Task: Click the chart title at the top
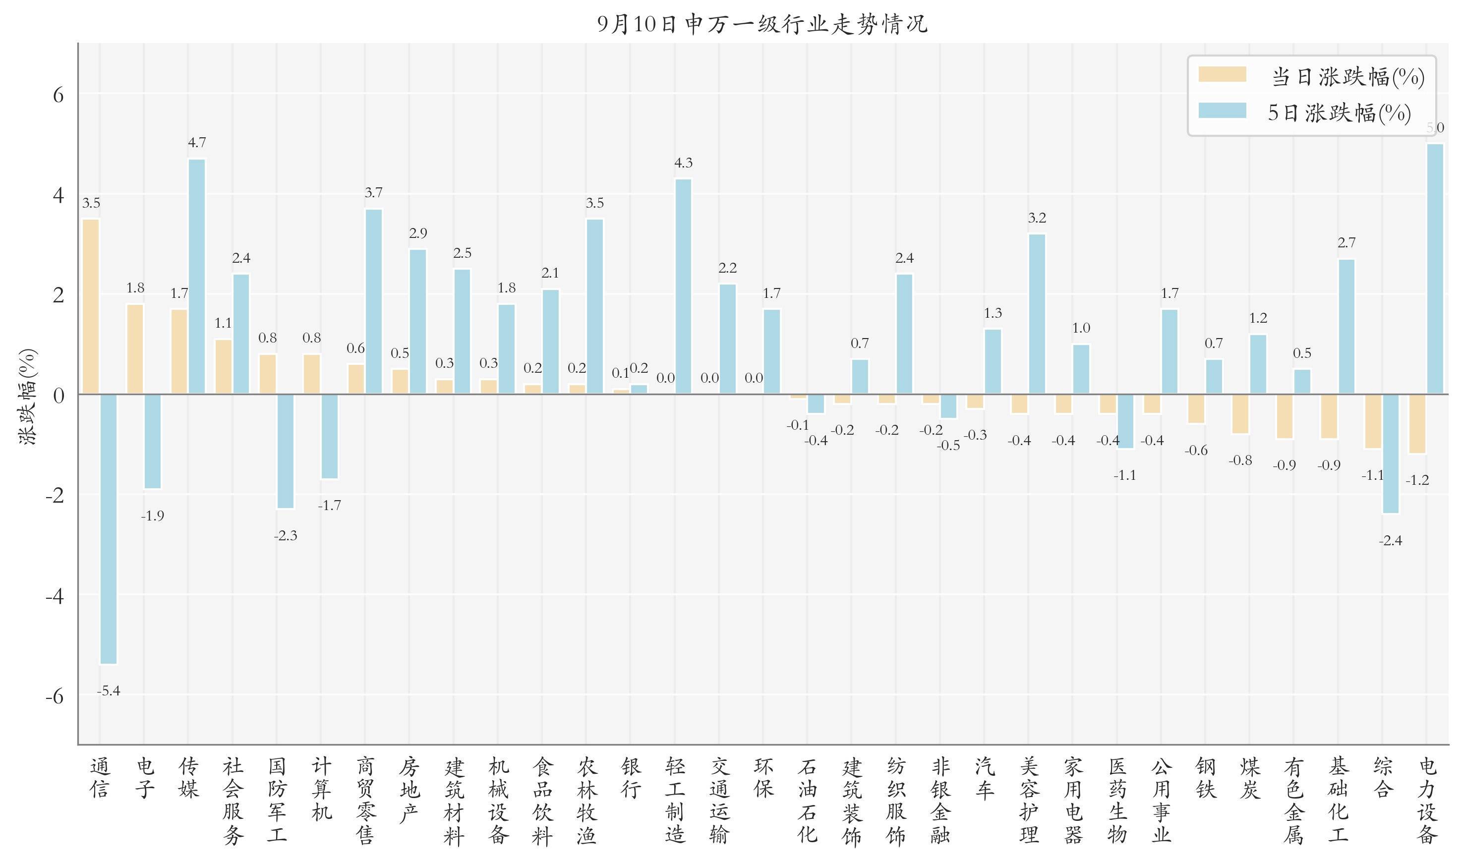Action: [762, 24]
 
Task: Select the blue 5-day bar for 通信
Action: [108, 528]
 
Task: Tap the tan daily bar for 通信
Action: [91, 306]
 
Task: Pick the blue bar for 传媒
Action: [197, 277]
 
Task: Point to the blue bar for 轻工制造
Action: [683, 286]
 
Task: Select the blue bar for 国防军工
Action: [285, 451]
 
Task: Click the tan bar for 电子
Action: [135, 349]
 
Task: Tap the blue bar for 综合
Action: [1391, 454]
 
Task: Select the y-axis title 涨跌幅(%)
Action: [28, 397]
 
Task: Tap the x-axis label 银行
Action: [631, 778]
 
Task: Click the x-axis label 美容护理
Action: [1029, 801]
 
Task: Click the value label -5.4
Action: [108, 691]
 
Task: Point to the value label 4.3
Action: [683, 163]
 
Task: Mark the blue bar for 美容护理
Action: [1037, 314]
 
